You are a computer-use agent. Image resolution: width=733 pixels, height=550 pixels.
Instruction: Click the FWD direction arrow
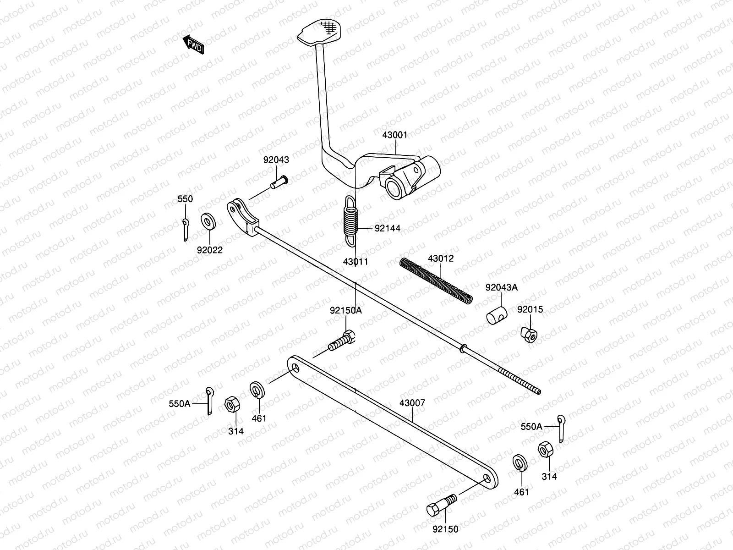pos(192,45)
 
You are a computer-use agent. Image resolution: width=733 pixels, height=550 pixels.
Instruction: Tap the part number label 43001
pos(394,135)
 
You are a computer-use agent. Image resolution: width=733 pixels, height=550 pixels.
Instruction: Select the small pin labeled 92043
pos(278,182)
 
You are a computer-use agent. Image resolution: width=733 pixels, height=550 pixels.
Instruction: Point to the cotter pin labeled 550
pos(185,229)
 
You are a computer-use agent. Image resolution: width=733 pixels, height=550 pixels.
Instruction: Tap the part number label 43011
pos(355,262)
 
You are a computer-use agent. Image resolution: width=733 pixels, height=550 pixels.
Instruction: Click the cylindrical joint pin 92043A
pos(497,316)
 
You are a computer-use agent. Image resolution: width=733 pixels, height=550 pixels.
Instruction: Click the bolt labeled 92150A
pos(342,342)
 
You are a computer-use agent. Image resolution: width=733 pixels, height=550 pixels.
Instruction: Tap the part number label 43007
pos(412,403)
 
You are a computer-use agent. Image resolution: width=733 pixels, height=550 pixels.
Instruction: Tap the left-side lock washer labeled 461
pos(256,390)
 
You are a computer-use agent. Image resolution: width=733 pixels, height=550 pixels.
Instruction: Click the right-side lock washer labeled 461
pos(520,462)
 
